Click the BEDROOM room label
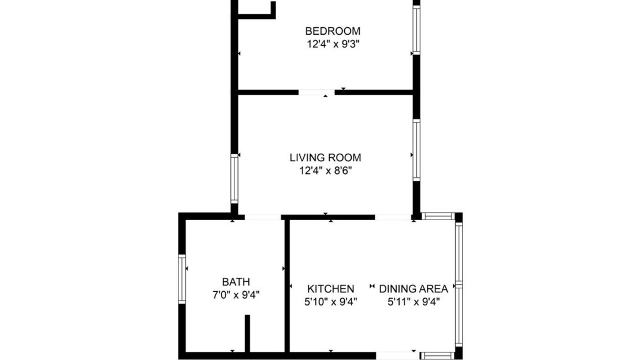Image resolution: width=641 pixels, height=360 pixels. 333,31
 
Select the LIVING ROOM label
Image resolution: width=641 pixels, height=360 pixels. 325,158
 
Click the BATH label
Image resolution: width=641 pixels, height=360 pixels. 236,283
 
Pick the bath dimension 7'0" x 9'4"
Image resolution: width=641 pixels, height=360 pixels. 236,295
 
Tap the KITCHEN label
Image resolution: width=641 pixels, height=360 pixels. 330,289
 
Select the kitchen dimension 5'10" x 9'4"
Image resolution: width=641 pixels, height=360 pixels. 330,301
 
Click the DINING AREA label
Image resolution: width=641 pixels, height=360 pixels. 413,289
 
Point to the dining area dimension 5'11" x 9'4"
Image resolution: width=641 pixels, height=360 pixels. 413,301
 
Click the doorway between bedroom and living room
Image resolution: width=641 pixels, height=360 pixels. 316,92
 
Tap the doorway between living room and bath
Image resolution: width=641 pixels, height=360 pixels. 263,217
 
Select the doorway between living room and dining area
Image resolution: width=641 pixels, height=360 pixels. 393,217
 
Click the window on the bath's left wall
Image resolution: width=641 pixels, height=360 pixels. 182,280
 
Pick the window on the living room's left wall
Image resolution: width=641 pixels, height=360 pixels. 234,179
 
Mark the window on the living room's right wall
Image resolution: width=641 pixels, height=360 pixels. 416,150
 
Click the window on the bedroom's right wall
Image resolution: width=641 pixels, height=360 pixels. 416,30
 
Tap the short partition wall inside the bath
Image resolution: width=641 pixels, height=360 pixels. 247,333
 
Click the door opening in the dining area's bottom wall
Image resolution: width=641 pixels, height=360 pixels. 398,355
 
